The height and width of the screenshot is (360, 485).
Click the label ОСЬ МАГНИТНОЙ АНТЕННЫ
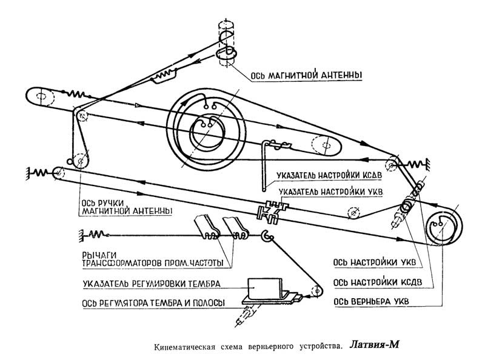coord(304,76)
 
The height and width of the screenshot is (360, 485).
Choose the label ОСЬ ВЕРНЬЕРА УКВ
coord(373,301)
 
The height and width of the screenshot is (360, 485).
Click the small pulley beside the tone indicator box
coord(314,292)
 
